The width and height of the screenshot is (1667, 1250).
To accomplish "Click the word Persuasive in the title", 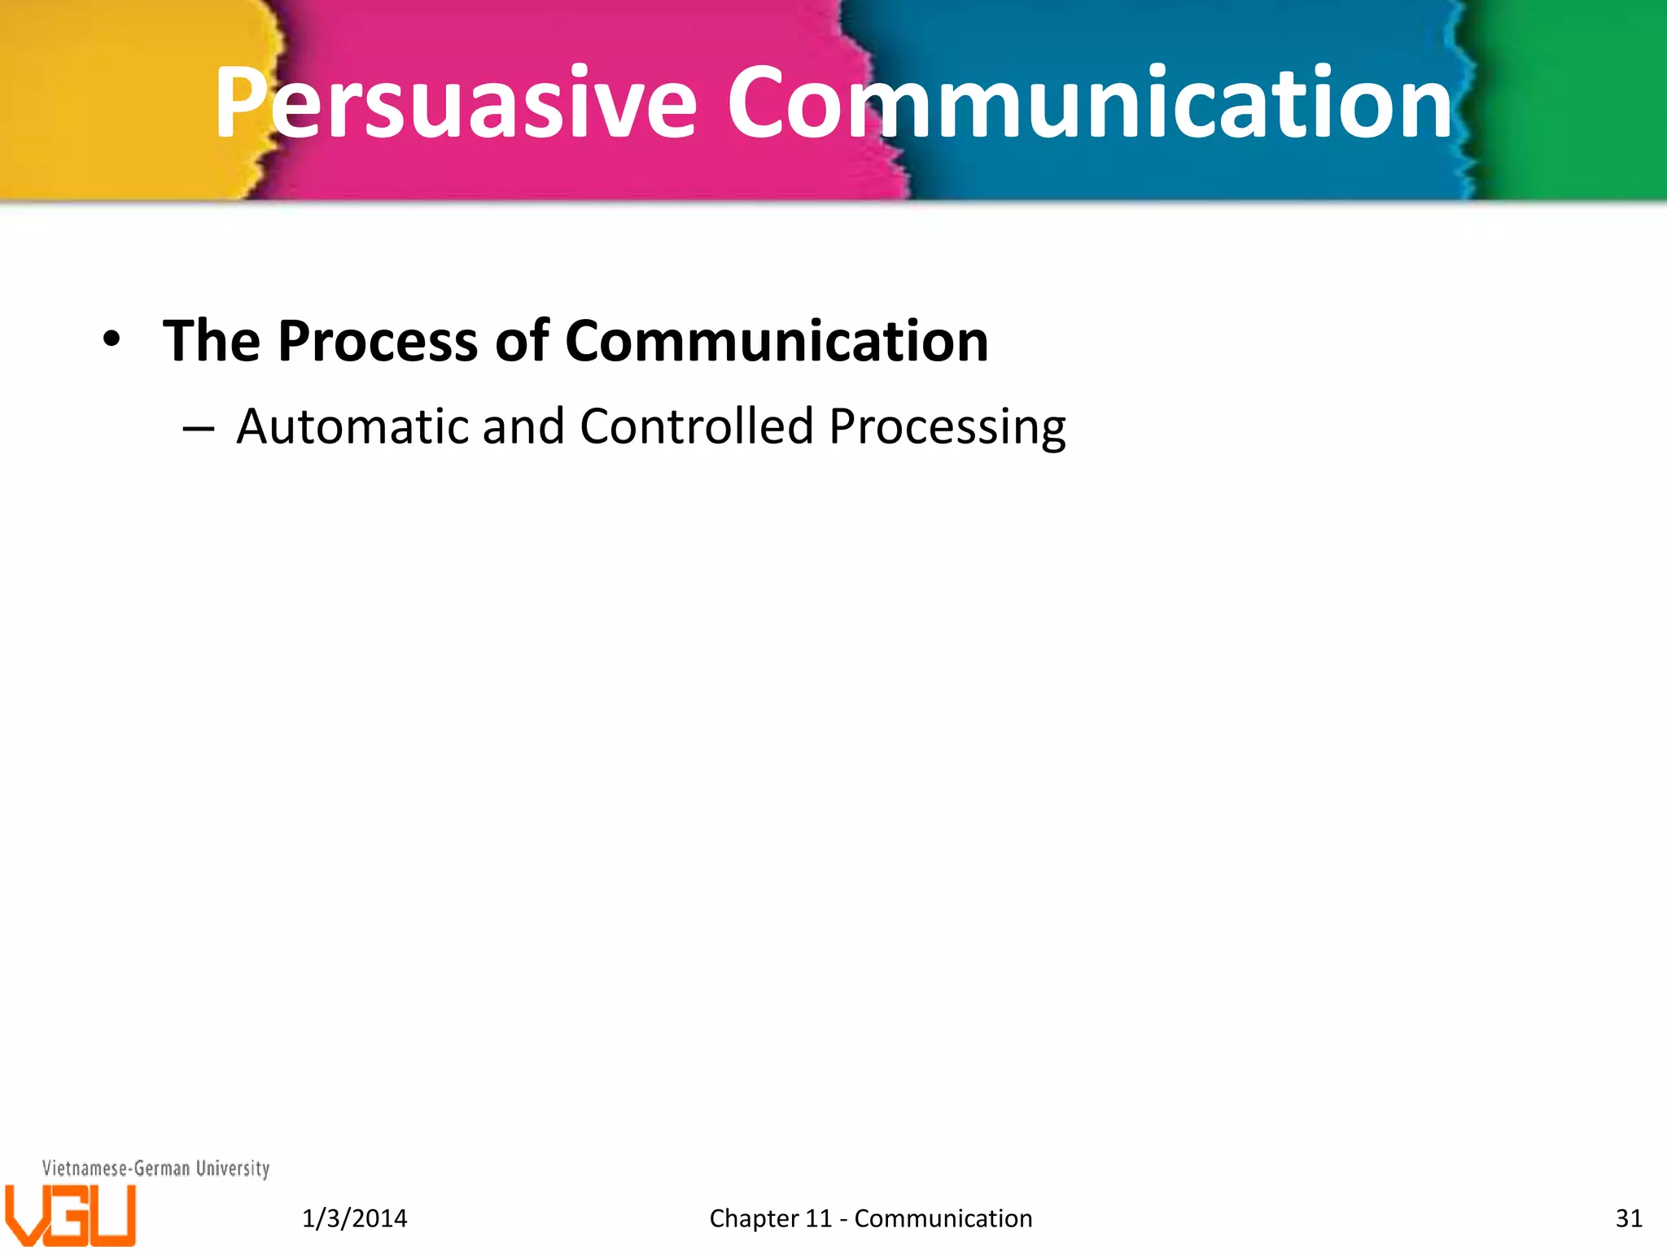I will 456,104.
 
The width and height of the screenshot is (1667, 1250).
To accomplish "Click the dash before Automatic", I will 199,428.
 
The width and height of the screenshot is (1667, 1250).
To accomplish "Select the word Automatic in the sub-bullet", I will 352,426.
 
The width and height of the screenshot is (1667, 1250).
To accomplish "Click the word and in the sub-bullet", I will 523,426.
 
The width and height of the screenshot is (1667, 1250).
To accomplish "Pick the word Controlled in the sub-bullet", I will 697,426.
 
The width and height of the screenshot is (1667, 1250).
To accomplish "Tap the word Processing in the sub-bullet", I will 947,428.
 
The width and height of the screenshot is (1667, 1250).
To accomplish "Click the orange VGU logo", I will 70,1215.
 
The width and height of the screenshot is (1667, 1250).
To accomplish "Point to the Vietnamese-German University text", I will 155,1169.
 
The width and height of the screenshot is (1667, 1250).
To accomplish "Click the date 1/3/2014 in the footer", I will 354,1218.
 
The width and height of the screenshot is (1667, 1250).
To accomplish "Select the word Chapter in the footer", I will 754,1218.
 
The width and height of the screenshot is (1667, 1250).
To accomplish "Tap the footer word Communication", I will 943,1218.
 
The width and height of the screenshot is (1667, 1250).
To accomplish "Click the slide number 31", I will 1629,1218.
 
